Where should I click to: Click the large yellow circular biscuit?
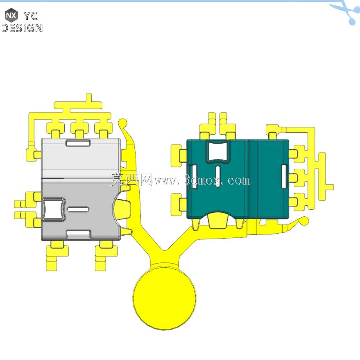[165, 298]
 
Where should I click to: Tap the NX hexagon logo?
[11, 15]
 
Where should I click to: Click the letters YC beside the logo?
[31, 16]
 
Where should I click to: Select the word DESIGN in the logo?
[22, 28]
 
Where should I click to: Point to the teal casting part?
[238, 179]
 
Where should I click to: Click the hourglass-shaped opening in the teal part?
[218, 151]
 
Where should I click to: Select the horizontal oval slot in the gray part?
[78, 209]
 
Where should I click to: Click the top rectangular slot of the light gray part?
[78, 143]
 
